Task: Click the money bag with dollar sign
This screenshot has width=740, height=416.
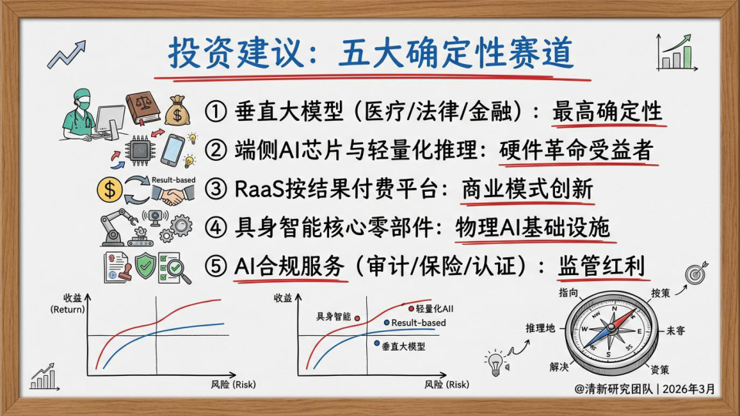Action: [177, 111]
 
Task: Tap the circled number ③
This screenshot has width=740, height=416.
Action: [216, 190]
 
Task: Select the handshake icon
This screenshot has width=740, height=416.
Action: [173, 194]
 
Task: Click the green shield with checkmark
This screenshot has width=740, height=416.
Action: [146, 266]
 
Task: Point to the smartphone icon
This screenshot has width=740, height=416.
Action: [172, 150]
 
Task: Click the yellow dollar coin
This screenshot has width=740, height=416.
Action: [109, 190]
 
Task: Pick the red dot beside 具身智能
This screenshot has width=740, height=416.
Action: [357, 318]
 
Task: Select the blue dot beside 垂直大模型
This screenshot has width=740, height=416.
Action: [377, 344]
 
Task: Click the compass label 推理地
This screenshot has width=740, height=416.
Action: [540, 328]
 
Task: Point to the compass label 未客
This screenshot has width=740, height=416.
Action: [675, 330]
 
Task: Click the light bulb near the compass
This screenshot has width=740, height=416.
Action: [495, 364]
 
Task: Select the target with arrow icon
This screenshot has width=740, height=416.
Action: [696, 273]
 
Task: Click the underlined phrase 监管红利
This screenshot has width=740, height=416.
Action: [601, 267]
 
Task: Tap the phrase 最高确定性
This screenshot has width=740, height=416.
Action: [607, 112]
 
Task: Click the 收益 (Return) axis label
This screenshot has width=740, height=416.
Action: [69, 304]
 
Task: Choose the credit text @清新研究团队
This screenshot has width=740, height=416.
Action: [614, 389]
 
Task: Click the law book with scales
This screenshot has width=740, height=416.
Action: [143, 108]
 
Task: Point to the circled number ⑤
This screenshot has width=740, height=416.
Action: [216, 267]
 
